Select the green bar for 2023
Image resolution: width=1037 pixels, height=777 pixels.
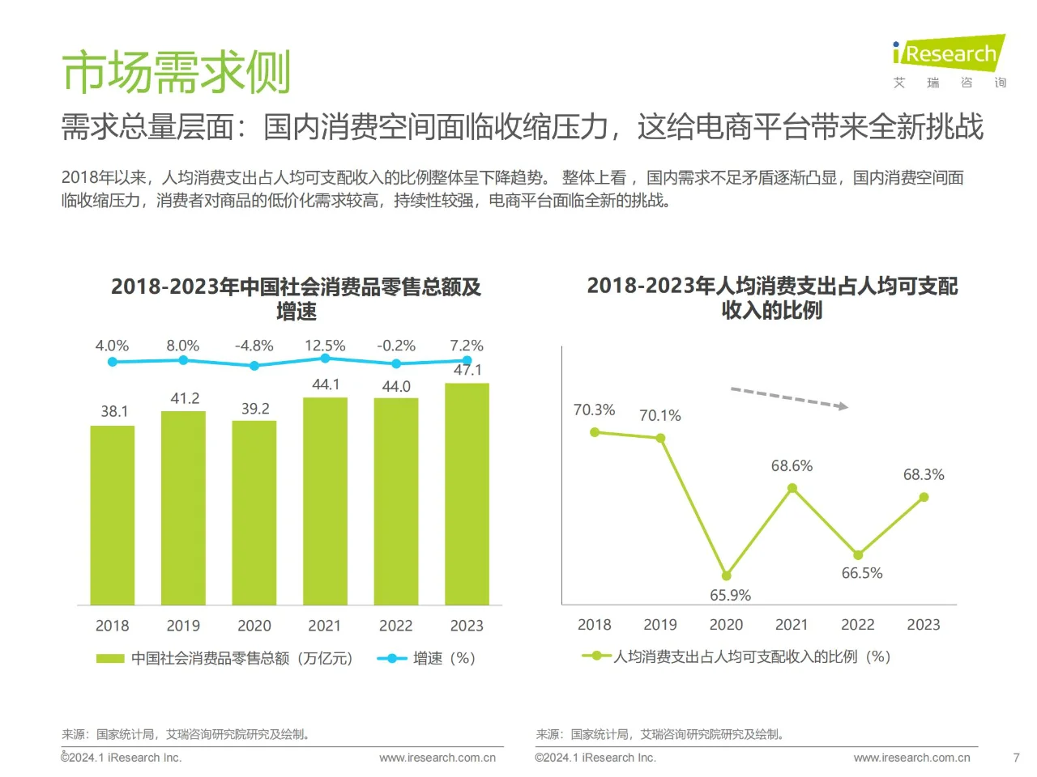pos(467,494)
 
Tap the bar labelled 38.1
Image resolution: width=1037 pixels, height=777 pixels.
pos(113,515)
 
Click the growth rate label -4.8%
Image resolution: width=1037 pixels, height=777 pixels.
pos(254,346)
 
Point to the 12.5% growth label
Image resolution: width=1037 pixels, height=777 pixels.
pos(325,346)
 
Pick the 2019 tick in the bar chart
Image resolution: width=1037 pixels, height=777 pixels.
pos(183,626)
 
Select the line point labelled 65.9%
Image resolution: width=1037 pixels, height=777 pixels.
pos(726,575)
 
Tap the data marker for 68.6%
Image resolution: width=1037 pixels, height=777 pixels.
pos(792,488)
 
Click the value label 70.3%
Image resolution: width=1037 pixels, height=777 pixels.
pos(594,410)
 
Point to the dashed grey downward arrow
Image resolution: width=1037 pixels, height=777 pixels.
pos(789,398)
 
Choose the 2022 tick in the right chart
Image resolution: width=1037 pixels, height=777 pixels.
pos(857,625)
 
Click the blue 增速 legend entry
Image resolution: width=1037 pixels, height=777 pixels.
pos(426,658)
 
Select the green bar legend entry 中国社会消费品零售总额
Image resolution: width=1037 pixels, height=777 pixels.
pos(224,658)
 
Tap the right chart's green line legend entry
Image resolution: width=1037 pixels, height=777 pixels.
pos(736,656)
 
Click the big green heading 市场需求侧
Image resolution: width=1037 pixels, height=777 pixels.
pos(176,72)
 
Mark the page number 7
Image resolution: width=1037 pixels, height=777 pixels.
pos(1016,758)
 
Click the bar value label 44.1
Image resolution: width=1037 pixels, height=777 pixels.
pos(326,384)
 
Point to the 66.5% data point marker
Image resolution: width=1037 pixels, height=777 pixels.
pos(858,554)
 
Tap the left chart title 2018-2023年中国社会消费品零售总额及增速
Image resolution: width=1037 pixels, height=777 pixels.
pos(296,298)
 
